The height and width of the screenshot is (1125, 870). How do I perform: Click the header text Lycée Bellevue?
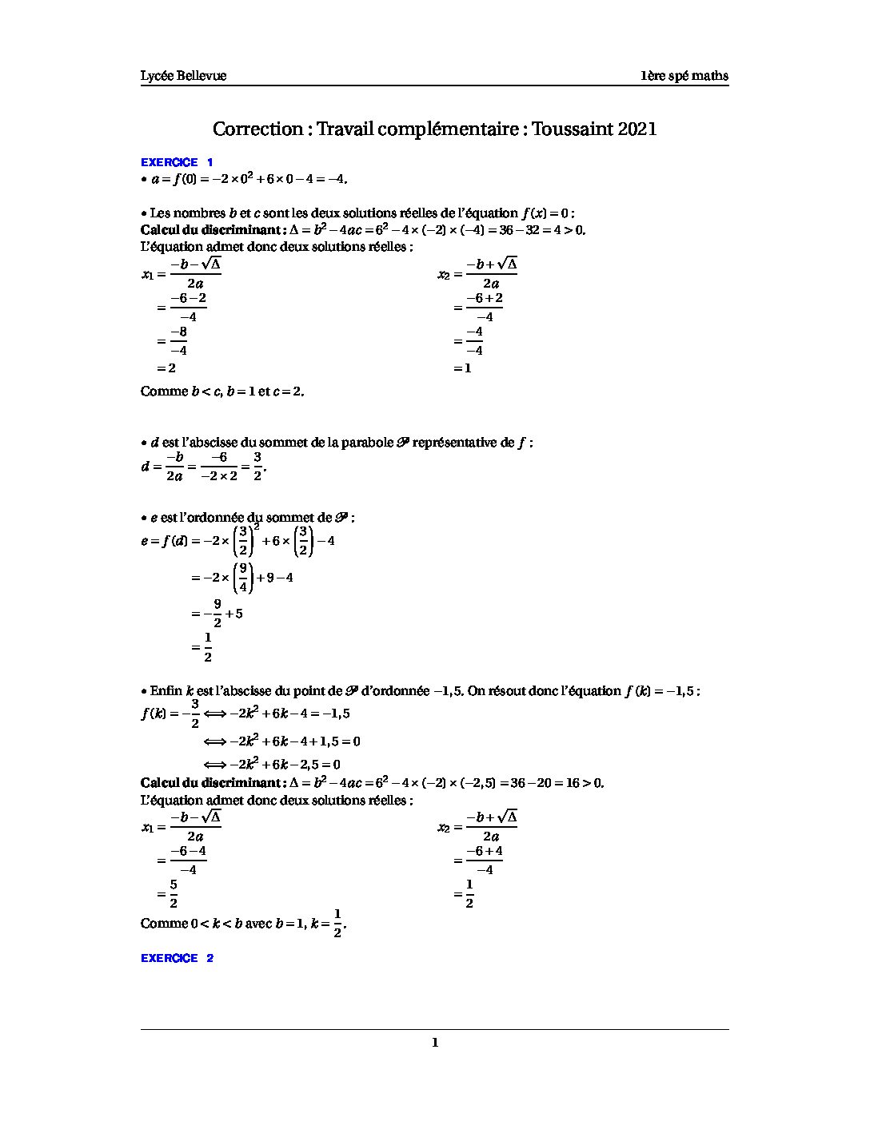click(183, 76)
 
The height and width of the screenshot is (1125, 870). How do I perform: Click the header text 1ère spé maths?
click(684, 76)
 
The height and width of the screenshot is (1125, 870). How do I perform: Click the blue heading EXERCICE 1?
click(177, 162)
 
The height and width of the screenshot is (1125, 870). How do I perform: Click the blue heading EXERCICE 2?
click(177, 958)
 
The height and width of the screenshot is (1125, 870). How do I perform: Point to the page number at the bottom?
click(435, 1042)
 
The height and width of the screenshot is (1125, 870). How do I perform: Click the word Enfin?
click(166, 691)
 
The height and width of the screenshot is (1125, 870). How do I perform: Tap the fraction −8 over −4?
click(178, 341)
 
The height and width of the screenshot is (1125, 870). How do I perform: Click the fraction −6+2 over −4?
click(485, 307)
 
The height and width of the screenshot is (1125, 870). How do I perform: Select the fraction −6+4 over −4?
click(485, 860)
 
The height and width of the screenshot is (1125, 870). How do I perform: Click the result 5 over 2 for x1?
click(174, 894)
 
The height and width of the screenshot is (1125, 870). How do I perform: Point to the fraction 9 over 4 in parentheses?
click(242, 577)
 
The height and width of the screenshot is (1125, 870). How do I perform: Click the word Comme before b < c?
click(163, 392)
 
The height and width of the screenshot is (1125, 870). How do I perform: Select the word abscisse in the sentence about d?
click(212, 443)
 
